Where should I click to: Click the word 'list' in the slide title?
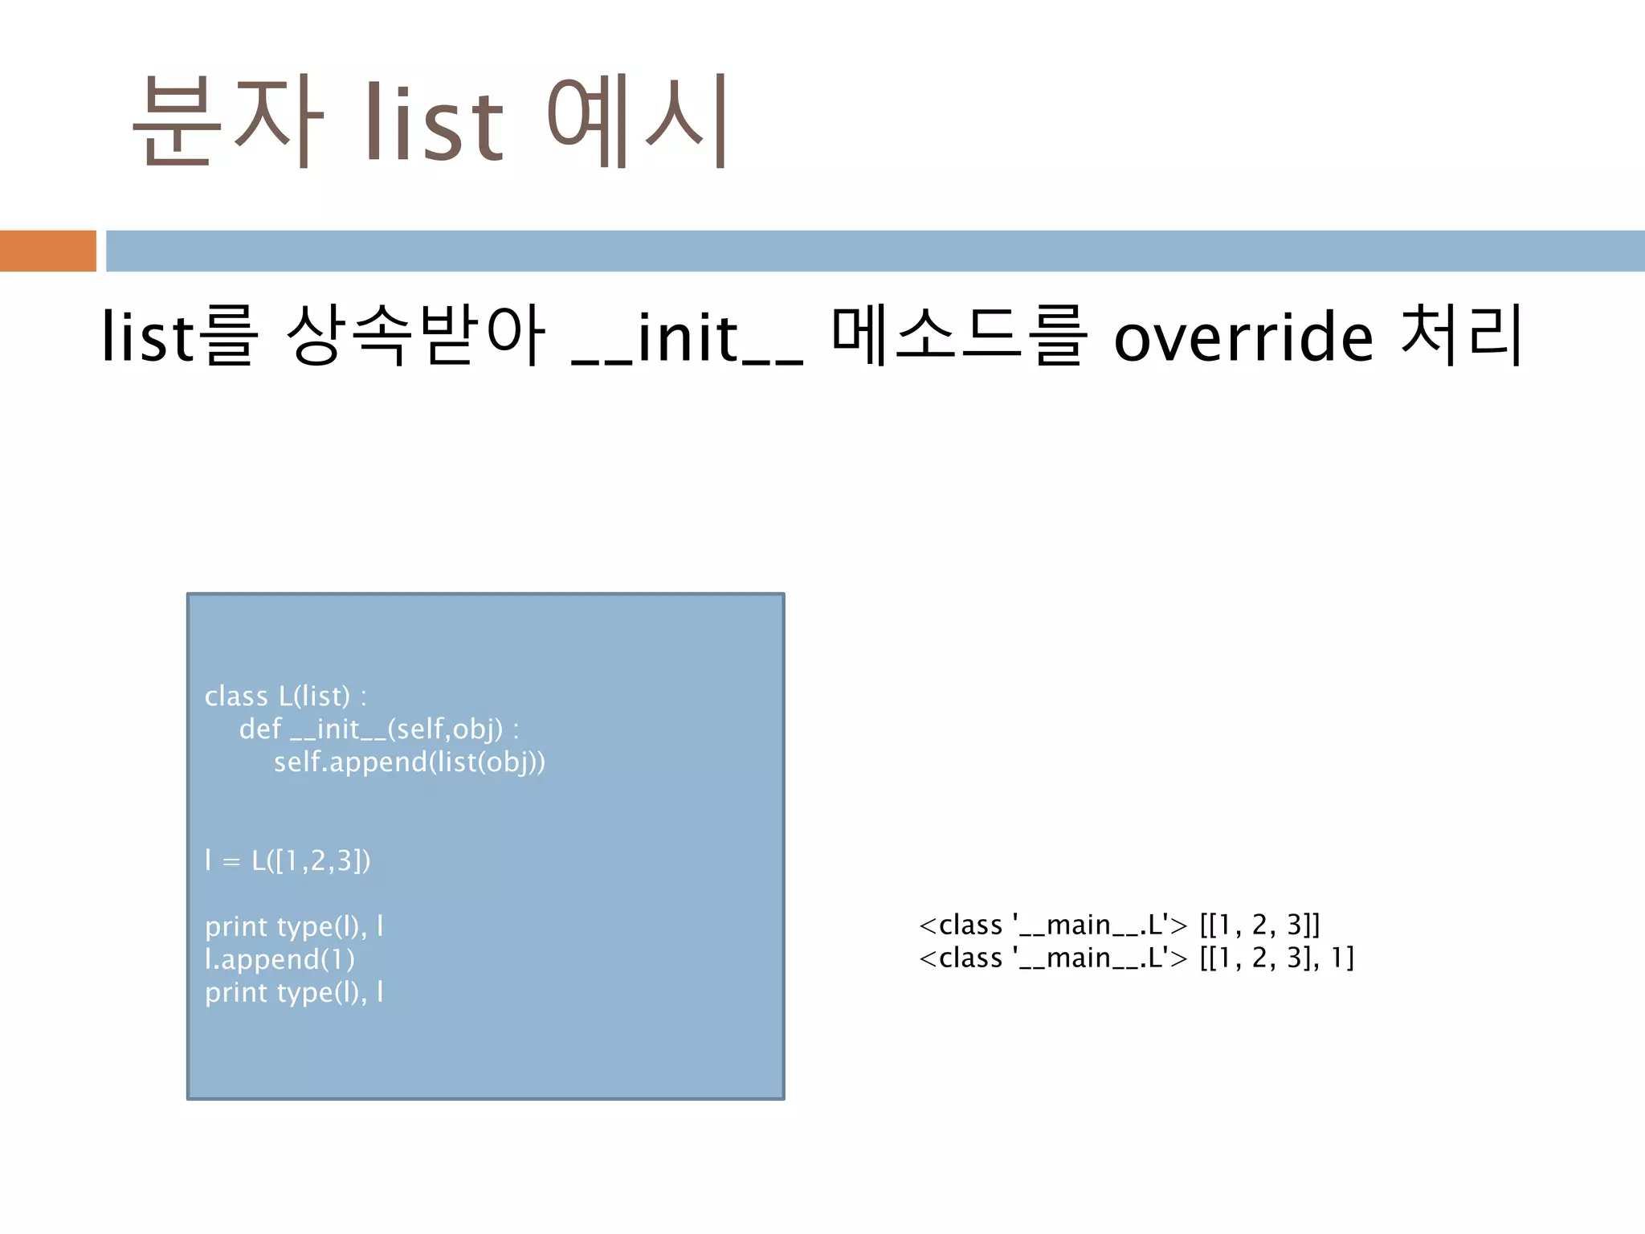pos(434,122)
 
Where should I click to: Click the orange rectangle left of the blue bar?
pos(47,251)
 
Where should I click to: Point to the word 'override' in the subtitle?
pos(1243,337)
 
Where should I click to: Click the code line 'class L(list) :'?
pos(285,697)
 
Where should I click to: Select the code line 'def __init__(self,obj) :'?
pos(379,729)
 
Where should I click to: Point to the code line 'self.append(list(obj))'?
pos(410,762)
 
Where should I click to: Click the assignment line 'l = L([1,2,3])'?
pos(288,861)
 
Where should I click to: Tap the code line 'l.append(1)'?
pos(280,960)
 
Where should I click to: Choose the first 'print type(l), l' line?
pos(294,927)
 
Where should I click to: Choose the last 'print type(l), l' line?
pos(294,993)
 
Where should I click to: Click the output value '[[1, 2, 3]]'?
pos(1259,925)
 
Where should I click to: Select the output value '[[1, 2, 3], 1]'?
pos(1276,958)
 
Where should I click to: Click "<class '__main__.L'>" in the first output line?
pos(1052,925)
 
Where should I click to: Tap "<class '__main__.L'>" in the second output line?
pos(1052,958)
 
